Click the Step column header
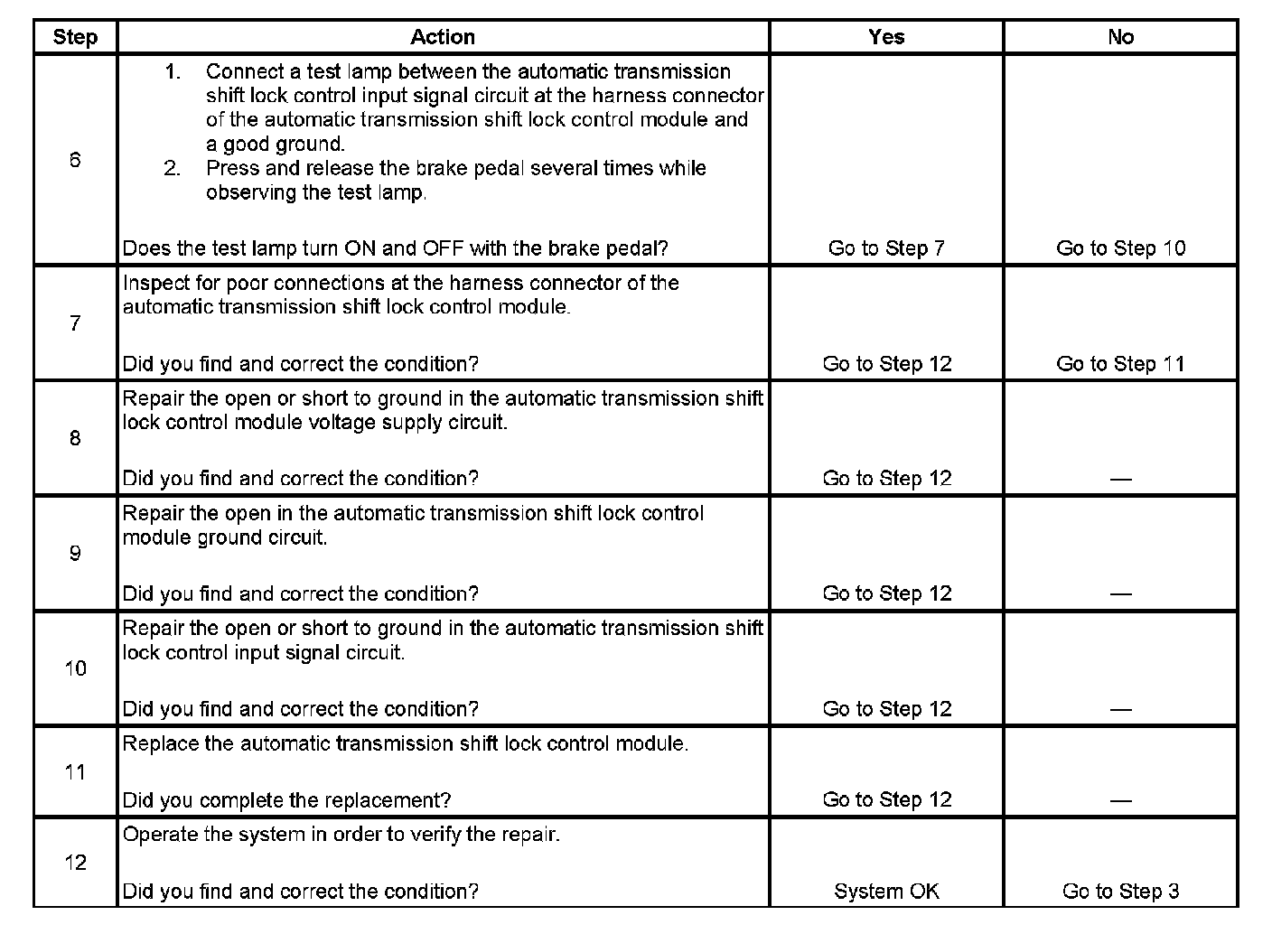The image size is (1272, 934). point(75,37)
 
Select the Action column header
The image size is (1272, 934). point(443,37)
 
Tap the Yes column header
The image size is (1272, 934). point(886,37)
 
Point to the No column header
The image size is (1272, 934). point(1120,37)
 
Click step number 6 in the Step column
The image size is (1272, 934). point(75,160)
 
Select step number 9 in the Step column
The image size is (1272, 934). point(75,553)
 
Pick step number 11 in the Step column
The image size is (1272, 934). point(75,772)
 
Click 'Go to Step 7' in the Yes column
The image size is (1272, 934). point(886,248)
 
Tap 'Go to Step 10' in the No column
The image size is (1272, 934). point(1120,248)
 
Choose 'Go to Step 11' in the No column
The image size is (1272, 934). point(1120,364)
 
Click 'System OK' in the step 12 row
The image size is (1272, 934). point(886,892)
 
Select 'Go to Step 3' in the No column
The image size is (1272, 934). point(1120,892)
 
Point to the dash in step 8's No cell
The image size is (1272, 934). point(1120,479)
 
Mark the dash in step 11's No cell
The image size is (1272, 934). point(1120,800)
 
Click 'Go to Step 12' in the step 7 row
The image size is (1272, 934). point(886,364)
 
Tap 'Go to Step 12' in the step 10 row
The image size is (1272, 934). point(886,709)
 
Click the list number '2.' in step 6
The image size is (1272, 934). point(173,168)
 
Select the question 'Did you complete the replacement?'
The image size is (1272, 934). point(286,800)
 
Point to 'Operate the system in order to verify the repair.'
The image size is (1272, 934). point(341,834)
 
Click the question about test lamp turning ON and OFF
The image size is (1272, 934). point(395,248)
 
